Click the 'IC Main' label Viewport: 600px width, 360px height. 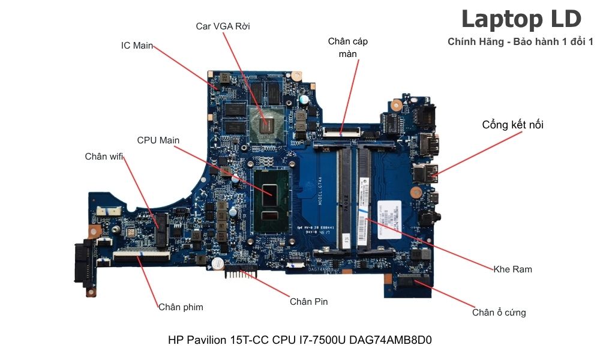tap(137, 46)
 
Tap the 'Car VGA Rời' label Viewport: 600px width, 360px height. tap(223, 26)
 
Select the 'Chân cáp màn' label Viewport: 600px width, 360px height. tap(347, 47)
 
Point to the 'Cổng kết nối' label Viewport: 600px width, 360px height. tap(513, 125)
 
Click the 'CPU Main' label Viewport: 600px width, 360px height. tap(158, 140)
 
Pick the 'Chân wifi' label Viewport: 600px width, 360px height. tap(104, 157)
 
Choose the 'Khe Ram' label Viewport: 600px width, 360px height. tap(512, 269)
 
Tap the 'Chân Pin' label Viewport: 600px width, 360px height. tap(308, 302)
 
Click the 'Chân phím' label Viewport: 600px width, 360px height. tap(181, 307)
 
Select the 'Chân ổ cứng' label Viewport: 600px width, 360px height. tap(499, 313)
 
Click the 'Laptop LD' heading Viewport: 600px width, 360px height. tap(521, 19)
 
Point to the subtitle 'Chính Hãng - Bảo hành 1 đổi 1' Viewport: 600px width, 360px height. tap(520, 42)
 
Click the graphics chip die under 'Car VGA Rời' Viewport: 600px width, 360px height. tap(268, 123)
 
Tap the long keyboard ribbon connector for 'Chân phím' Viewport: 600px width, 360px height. tap(140, 256)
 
